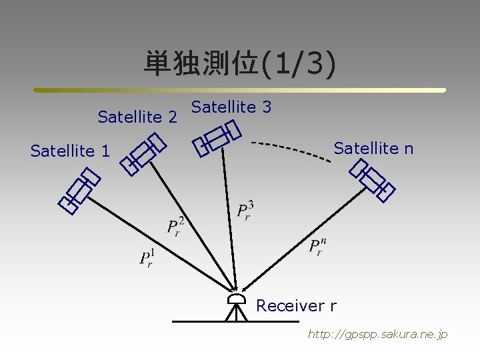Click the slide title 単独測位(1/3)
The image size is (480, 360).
[240, 64]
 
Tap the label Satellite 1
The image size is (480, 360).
[70, 151]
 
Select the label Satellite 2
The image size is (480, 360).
[137, 117]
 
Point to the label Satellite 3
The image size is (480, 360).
[231, 107]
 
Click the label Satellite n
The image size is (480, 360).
[373, 148]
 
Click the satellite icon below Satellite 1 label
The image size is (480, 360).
[79, 191]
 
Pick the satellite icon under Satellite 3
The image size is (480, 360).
[216, 138]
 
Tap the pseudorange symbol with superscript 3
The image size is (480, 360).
[245, 210]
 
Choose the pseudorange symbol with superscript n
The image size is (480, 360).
[317, 246]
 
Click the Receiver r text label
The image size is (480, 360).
[296, 306]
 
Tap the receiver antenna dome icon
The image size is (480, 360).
[236, 299]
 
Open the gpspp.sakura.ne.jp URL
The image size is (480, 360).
[377, 334]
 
